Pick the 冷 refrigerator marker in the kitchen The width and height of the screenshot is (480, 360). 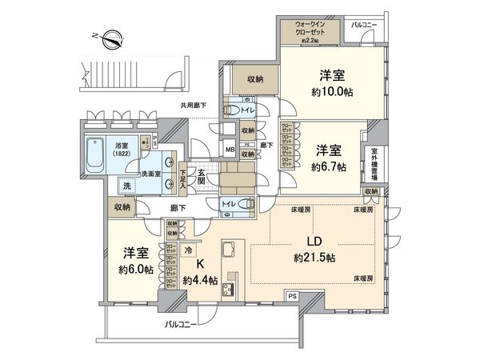(188, 250)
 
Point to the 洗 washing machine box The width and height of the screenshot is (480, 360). (127, 186)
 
